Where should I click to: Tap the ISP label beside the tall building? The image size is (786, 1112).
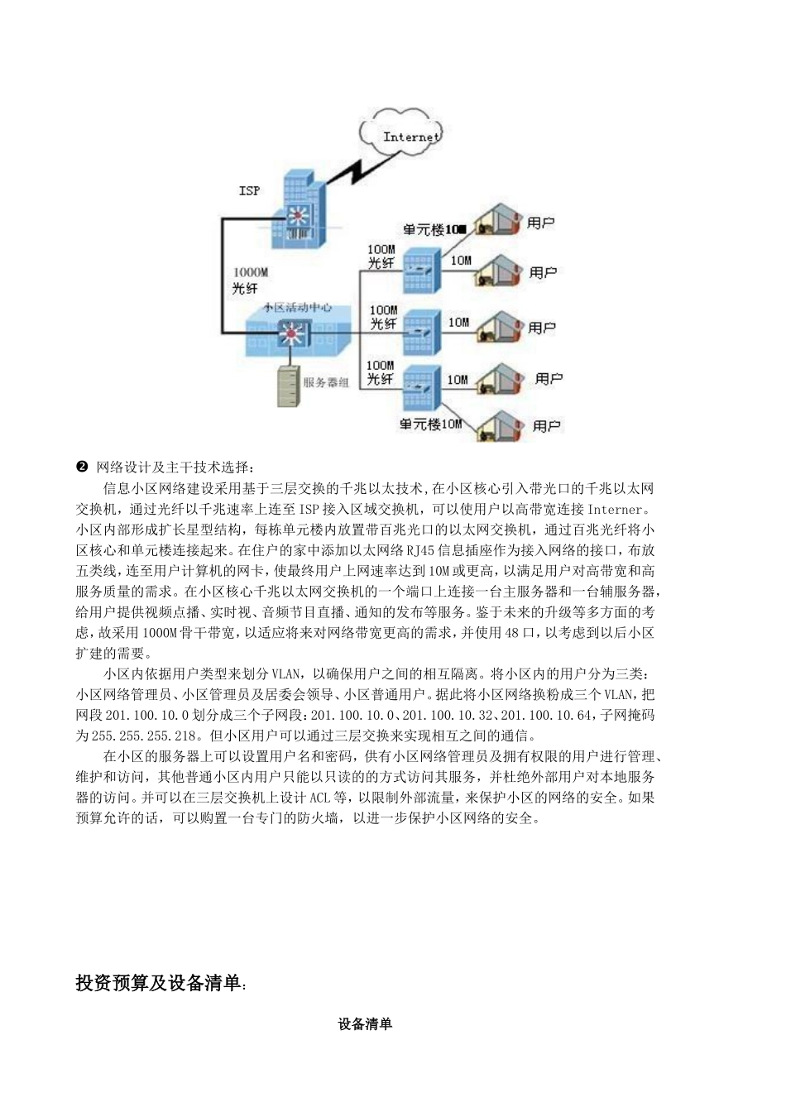coord(249,190)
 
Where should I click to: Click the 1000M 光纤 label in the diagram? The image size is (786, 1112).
coord(249,280)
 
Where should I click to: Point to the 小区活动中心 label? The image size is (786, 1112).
coord(298,307)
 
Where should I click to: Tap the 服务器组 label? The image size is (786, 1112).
coord(326,383)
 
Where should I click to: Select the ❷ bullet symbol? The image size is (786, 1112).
coord(81,467)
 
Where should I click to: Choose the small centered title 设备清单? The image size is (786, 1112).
coord(365,1024)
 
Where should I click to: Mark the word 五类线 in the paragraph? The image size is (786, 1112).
coord(96,570)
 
